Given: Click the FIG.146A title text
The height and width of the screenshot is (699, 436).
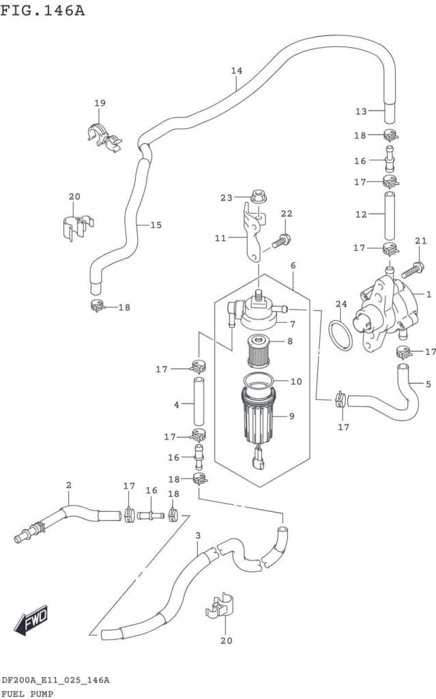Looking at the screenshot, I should pos(42,10).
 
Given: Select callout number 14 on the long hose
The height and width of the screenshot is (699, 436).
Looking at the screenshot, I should pos(237,71).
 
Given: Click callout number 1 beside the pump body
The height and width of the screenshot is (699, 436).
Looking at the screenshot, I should pos(428,295).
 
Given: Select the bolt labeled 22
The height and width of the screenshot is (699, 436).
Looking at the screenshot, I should pos(280,240).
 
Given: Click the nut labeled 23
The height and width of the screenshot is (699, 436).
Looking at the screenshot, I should pos(257,197).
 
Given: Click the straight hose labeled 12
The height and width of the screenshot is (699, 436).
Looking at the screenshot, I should pos(390,214).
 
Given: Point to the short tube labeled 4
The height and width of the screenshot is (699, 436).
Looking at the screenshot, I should pos(199,403).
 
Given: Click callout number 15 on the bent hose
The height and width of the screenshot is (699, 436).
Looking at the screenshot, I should pos(156,225).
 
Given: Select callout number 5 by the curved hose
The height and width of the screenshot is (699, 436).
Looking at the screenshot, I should pos(428,384).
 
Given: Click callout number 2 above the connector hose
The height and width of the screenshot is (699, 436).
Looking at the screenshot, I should pos(68,485).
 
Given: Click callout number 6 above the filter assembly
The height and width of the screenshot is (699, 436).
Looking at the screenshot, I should pos(293,266).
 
